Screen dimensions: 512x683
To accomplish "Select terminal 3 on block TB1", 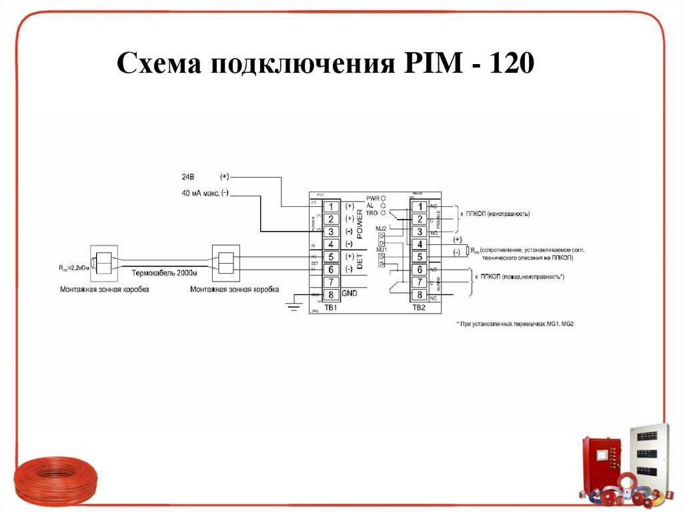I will click(331, 231).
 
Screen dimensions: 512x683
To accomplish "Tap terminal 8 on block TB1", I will click(331, 294).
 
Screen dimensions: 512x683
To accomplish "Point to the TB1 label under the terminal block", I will click(331, 307).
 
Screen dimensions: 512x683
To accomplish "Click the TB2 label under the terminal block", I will click(418, 307).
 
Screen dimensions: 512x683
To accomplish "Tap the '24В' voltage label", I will click(189, 178).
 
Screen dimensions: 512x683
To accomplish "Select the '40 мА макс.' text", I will click(200, 194).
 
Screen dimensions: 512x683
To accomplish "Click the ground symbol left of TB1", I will click(291, 305).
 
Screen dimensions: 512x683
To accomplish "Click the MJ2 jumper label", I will click(382, 228).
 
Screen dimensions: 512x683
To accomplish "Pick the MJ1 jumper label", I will click(382, 249).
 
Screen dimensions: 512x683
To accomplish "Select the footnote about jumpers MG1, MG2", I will click(515, 323).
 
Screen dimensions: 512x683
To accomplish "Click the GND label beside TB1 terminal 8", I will click(351, 294).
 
